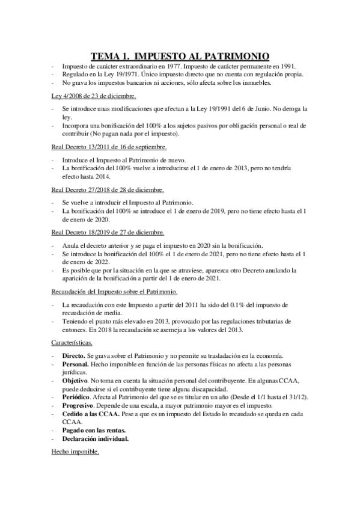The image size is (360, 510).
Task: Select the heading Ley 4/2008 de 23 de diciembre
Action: point(93,96)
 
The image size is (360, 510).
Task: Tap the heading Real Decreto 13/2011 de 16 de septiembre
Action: point(109,146)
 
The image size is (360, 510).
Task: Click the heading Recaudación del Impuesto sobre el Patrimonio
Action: point(114,291)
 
